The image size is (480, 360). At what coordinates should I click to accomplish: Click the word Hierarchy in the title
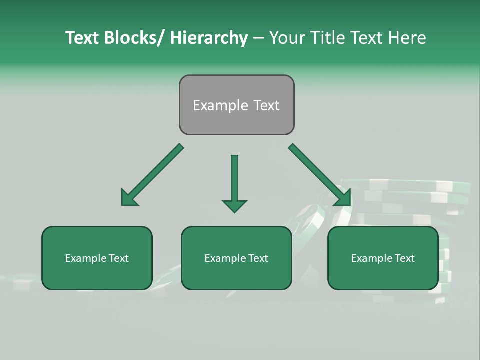click(208, 38)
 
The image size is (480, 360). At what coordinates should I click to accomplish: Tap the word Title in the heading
click(327, 38)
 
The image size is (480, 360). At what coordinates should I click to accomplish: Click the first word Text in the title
click(82, 38)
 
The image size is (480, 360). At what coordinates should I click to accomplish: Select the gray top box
click(236, 105)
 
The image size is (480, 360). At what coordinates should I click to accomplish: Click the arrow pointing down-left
click(152, 175)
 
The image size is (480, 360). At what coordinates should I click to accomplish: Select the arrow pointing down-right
click(320, 175)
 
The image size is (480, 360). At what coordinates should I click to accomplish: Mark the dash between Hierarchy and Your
click(258, 38)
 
